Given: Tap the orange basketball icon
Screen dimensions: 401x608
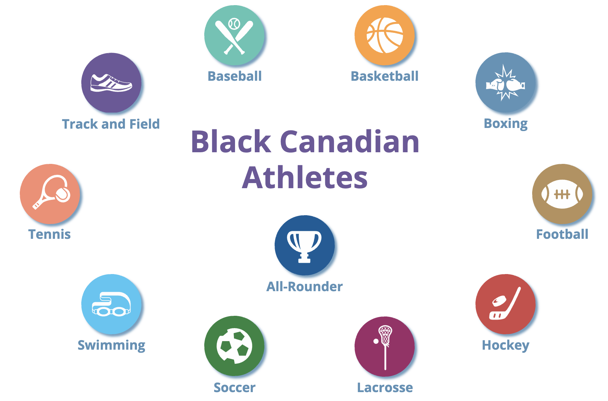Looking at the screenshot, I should tap(385, 35).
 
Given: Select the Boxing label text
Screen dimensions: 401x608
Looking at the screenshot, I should tap(506, 124).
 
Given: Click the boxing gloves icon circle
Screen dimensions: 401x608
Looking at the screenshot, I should tap(506, 82).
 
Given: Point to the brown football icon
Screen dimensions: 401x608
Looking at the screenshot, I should tap(562, 194).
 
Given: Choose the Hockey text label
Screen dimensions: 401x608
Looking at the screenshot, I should tap(506, 345).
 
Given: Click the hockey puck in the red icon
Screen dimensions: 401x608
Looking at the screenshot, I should tap(499, 301).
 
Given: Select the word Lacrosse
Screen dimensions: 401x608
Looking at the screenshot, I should tap(385, 388).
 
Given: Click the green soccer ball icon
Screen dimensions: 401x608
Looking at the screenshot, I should tap(234, 346).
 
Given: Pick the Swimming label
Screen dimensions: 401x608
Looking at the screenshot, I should tap(111, 345).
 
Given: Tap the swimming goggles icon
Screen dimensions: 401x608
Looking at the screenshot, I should tap(111, 304).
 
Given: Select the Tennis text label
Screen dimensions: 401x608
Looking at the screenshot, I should tap(50, 234).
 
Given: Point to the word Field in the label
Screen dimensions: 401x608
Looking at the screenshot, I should tap(144, 124).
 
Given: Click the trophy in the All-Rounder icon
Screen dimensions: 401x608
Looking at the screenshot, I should tap(304, 245).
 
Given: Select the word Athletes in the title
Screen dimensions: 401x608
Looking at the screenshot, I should tap(305, 178).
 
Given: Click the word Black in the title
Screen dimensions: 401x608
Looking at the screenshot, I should tap(231, 142).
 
